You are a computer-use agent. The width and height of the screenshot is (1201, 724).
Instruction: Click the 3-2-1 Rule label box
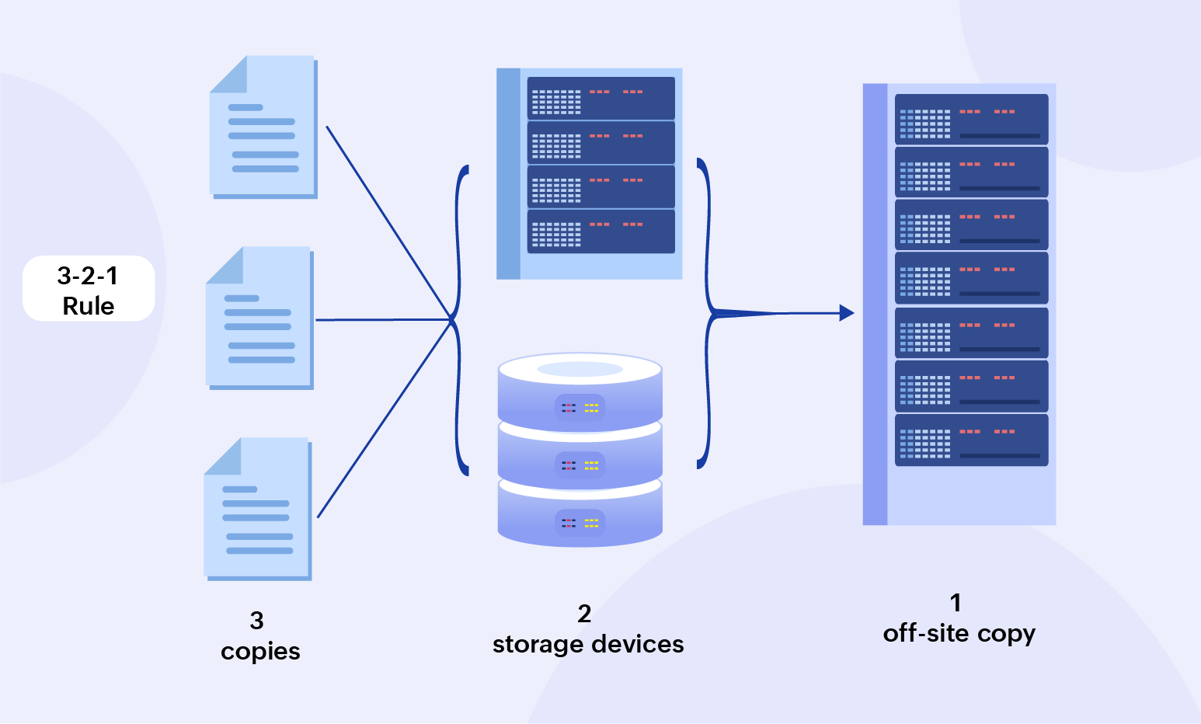[x=89, y=288]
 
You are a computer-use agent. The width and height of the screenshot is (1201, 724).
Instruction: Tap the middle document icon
[x=259, y=318]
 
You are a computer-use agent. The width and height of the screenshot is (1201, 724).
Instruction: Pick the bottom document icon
[x=257, y=509]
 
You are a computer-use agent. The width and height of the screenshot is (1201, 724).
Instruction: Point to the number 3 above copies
[x=257, y=620]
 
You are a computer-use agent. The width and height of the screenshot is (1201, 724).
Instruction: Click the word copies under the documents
[x=260, y=651]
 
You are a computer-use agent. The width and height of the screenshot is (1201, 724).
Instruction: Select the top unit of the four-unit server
[x=600, y=98]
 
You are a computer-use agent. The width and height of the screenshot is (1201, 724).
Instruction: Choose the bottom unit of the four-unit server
[x=600, y=231]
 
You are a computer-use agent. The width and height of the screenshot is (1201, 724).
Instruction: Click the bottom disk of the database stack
[x=580, y=516]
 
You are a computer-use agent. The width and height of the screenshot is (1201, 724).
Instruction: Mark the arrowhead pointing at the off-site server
[x=847, y=313]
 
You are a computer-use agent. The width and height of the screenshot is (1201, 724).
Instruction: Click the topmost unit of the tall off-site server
[x=971, y=119]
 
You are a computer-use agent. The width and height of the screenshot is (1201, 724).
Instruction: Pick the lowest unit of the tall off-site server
[x=971, y=440]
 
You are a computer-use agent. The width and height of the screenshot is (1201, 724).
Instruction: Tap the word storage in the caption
[x=540, y=644]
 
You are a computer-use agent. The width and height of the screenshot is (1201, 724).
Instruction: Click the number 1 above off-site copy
[x=956, y=603]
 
